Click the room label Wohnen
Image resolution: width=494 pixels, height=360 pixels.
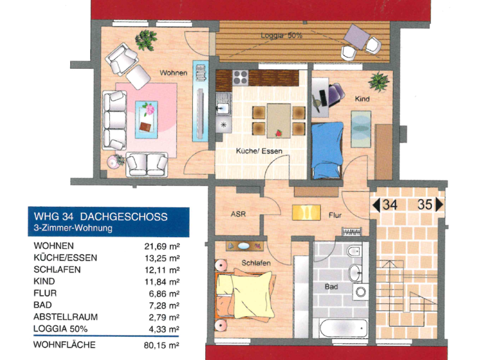click(173, 73)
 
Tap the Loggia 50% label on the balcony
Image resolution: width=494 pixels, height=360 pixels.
click(281, 36)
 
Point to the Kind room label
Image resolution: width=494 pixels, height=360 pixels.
click(362, 100)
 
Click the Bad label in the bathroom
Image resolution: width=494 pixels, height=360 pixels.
click(331, 286)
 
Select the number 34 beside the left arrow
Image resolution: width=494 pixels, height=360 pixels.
click(389, 206)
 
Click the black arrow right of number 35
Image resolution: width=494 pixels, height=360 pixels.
click(439, 206)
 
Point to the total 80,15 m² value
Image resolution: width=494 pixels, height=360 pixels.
click(161, 345)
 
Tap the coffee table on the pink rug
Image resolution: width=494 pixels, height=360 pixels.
click(146, 118)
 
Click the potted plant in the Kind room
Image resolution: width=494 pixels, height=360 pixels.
click(378, 82)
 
